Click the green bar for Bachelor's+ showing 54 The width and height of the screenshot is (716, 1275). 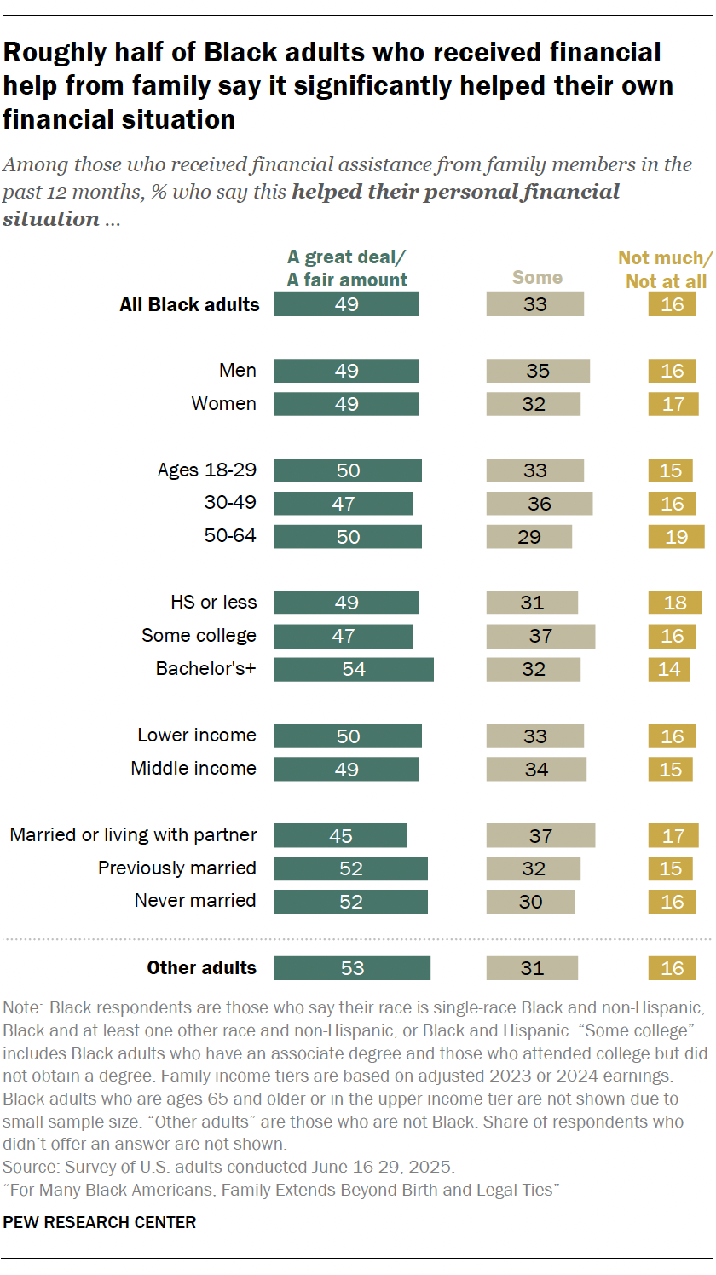point(354,669)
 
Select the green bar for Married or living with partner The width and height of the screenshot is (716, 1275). point(341,835)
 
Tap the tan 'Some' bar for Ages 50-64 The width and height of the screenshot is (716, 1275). point(528,536)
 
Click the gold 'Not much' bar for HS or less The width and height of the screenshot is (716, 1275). point(674,603)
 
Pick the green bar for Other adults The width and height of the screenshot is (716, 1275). point(352,967)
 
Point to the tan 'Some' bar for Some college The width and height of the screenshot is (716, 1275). point(540,636)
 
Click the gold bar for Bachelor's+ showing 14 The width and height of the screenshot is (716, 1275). point(669,669)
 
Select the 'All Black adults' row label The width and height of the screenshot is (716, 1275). point(189,304)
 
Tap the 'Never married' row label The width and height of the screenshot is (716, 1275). point(195,901)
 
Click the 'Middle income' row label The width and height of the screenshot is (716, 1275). point(193,768)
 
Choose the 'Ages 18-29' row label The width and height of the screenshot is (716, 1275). point(207,470)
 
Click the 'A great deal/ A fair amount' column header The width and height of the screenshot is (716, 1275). point(347,268)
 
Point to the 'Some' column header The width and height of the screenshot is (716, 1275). point(537,278)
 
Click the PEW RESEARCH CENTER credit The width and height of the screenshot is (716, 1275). point(100,1222)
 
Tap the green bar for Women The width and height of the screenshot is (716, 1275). point(346,404)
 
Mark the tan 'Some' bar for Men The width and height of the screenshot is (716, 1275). point(538,371)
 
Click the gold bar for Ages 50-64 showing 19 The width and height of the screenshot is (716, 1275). point(676,536)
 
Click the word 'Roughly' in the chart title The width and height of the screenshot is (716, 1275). point(53,53)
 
